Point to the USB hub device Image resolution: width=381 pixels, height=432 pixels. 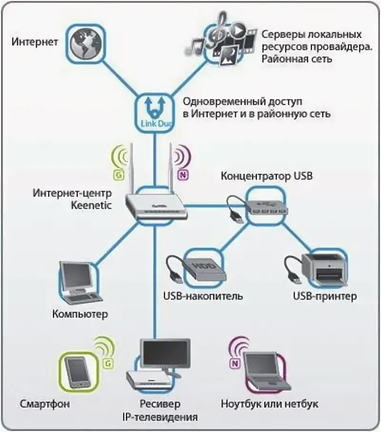click(266, 204)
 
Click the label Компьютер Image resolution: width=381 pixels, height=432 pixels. click(80, 314)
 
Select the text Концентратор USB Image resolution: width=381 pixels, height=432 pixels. click(267, 176)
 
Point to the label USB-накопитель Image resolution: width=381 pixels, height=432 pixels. click(203, 296)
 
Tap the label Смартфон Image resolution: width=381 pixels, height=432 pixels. click(45, 404)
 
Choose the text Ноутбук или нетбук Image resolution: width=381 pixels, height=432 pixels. click(270, 404)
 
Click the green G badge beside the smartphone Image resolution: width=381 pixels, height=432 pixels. click(108, 364)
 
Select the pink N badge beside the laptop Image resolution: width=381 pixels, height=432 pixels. click(234, 364)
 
